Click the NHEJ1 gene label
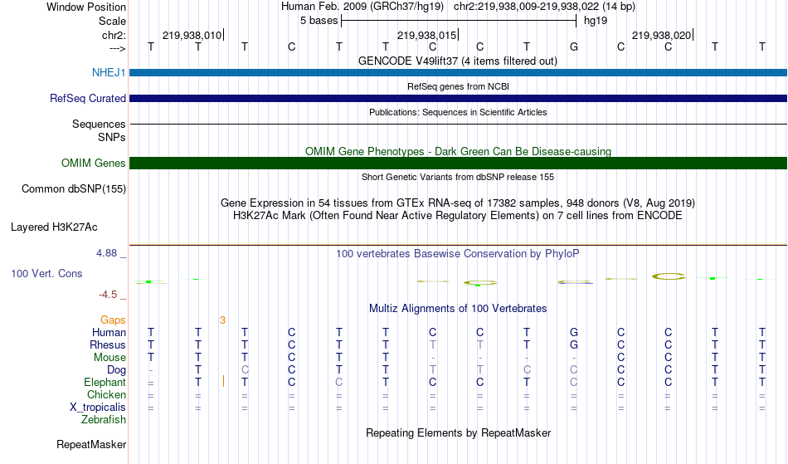tap(109, 72)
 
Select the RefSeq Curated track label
tap(88, 98)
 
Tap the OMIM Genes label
tap(94, 163)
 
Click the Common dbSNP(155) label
tap(74, 189)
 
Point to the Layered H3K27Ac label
tap(54, 227)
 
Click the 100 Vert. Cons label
tap(46, 273)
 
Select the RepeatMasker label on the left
tap(91, 444)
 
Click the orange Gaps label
tap(113, 320)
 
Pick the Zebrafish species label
tap(104, 420)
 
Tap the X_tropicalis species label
tap(98, 408)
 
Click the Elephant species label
tap(105, 383)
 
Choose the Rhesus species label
tap(108, 344)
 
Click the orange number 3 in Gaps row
tap(222, 320)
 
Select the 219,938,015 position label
tap(426, 35)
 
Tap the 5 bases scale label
tap(319, 21)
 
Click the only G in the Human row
tap(574, 332)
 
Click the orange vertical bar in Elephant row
tap(224, 382)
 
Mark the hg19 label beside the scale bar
tap(596, 21)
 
